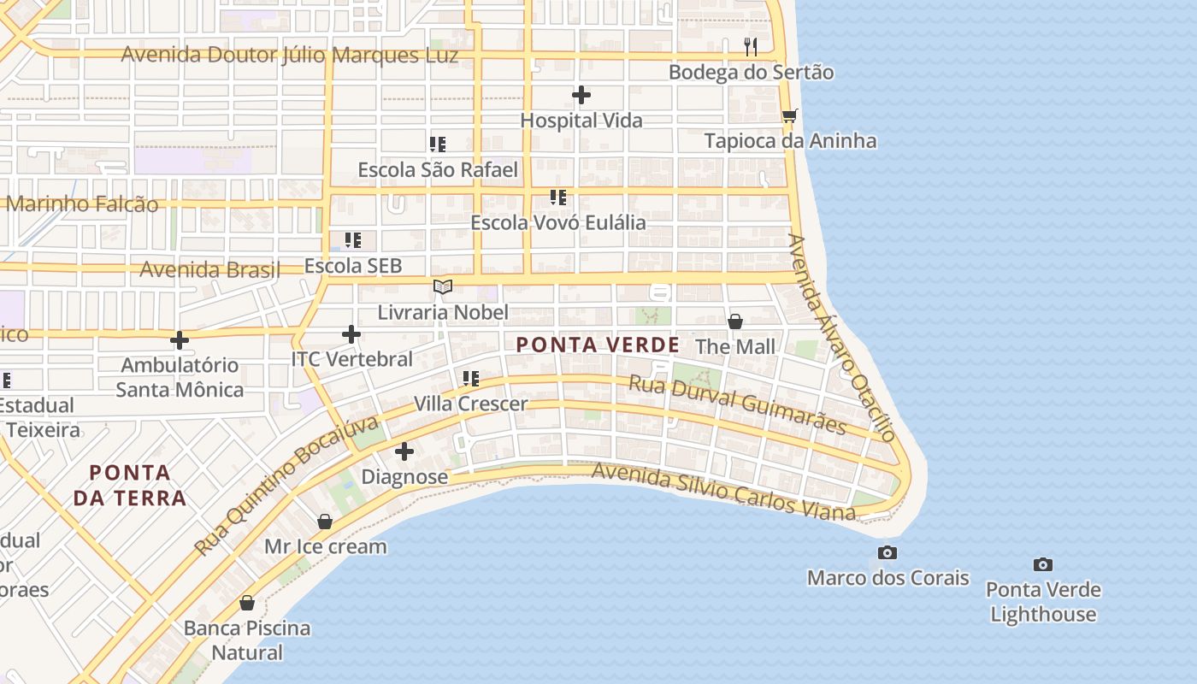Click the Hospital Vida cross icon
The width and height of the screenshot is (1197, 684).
point(581,95)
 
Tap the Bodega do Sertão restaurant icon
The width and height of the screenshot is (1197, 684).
point(751,46)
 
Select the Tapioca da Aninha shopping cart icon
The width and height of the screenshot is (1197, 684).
point(789,115)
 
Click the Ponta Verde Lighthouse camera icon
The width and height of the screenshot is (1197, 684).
point(1042,564)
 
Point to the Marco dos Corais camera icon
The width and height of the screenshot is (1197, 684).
point(887,553)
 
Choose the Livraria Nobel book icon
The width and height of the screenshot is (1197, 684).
point(442,286)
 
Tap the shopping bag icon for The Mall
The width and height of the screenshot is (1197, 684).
point(734,321)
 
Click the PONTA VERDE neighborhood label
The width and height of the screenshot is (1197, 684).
point(598,345)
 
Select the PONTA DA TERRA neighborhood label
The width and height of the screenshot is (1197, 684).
point(130,485)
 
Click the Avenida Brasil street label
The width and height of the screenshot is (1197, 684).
point(209,270)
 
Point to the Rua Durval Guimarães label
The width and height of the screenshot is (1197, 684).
point(737,404)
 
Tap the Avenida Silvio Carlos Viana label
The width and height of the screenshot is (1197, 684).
point(723,492)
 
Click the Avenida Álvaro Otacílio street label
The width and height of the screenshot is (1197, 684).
point(841,338)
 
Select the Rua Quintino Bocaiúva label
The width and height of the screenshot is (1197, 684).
point(286,486)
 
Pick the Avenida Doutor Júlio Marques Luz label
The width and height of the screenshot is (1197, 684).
point(290,55)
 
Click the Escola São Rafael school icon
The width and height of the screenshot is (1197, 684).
point(438,144)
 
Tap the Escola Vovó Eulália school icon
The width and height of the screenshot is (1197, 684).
point(558,198)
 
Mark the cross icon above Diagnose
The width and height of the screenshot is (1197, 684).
point(404,451)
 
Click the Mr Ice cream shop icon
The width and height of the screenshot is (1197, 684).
point(325,522)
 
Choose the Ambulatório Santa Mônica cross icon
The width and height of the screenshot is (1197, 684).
point(180,340)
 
